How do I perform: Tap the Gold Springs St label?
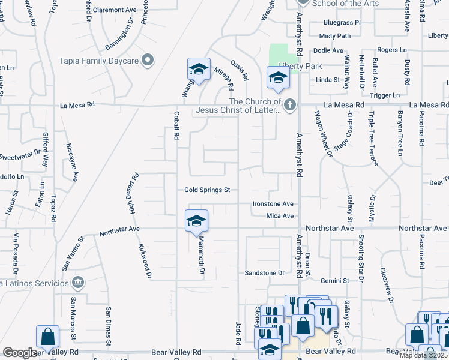click(x=207, y=190)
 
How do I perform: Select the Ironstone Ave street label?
click(x=273, y=203)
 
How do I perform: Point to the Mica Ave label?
click(x=280, y=215)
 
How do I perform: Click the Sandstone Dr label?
click(x=264, y=273)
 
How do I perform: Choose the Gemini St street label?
click(x=335, y=280)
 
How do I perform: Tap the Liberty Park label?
click(x=304, y=66)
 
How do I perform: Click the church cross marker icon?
click(x=290, y=106)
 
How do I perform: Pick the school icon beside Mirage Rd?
click(x=198, y=70)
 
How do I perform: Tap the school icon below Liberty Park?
click(x=278, y=78)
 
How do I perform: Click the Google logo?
click(x=19, y=353)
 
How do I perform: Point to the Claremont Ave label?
click(x=115, y=10)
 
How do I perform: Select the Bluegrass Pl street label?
click(x=341, y=22)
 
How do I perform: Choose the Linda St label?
click(x=327, y=79)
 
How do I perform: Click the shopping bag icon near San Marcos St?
click(x=47, y=337)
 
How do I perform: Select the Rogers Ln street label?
click(x=391, y=50)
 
